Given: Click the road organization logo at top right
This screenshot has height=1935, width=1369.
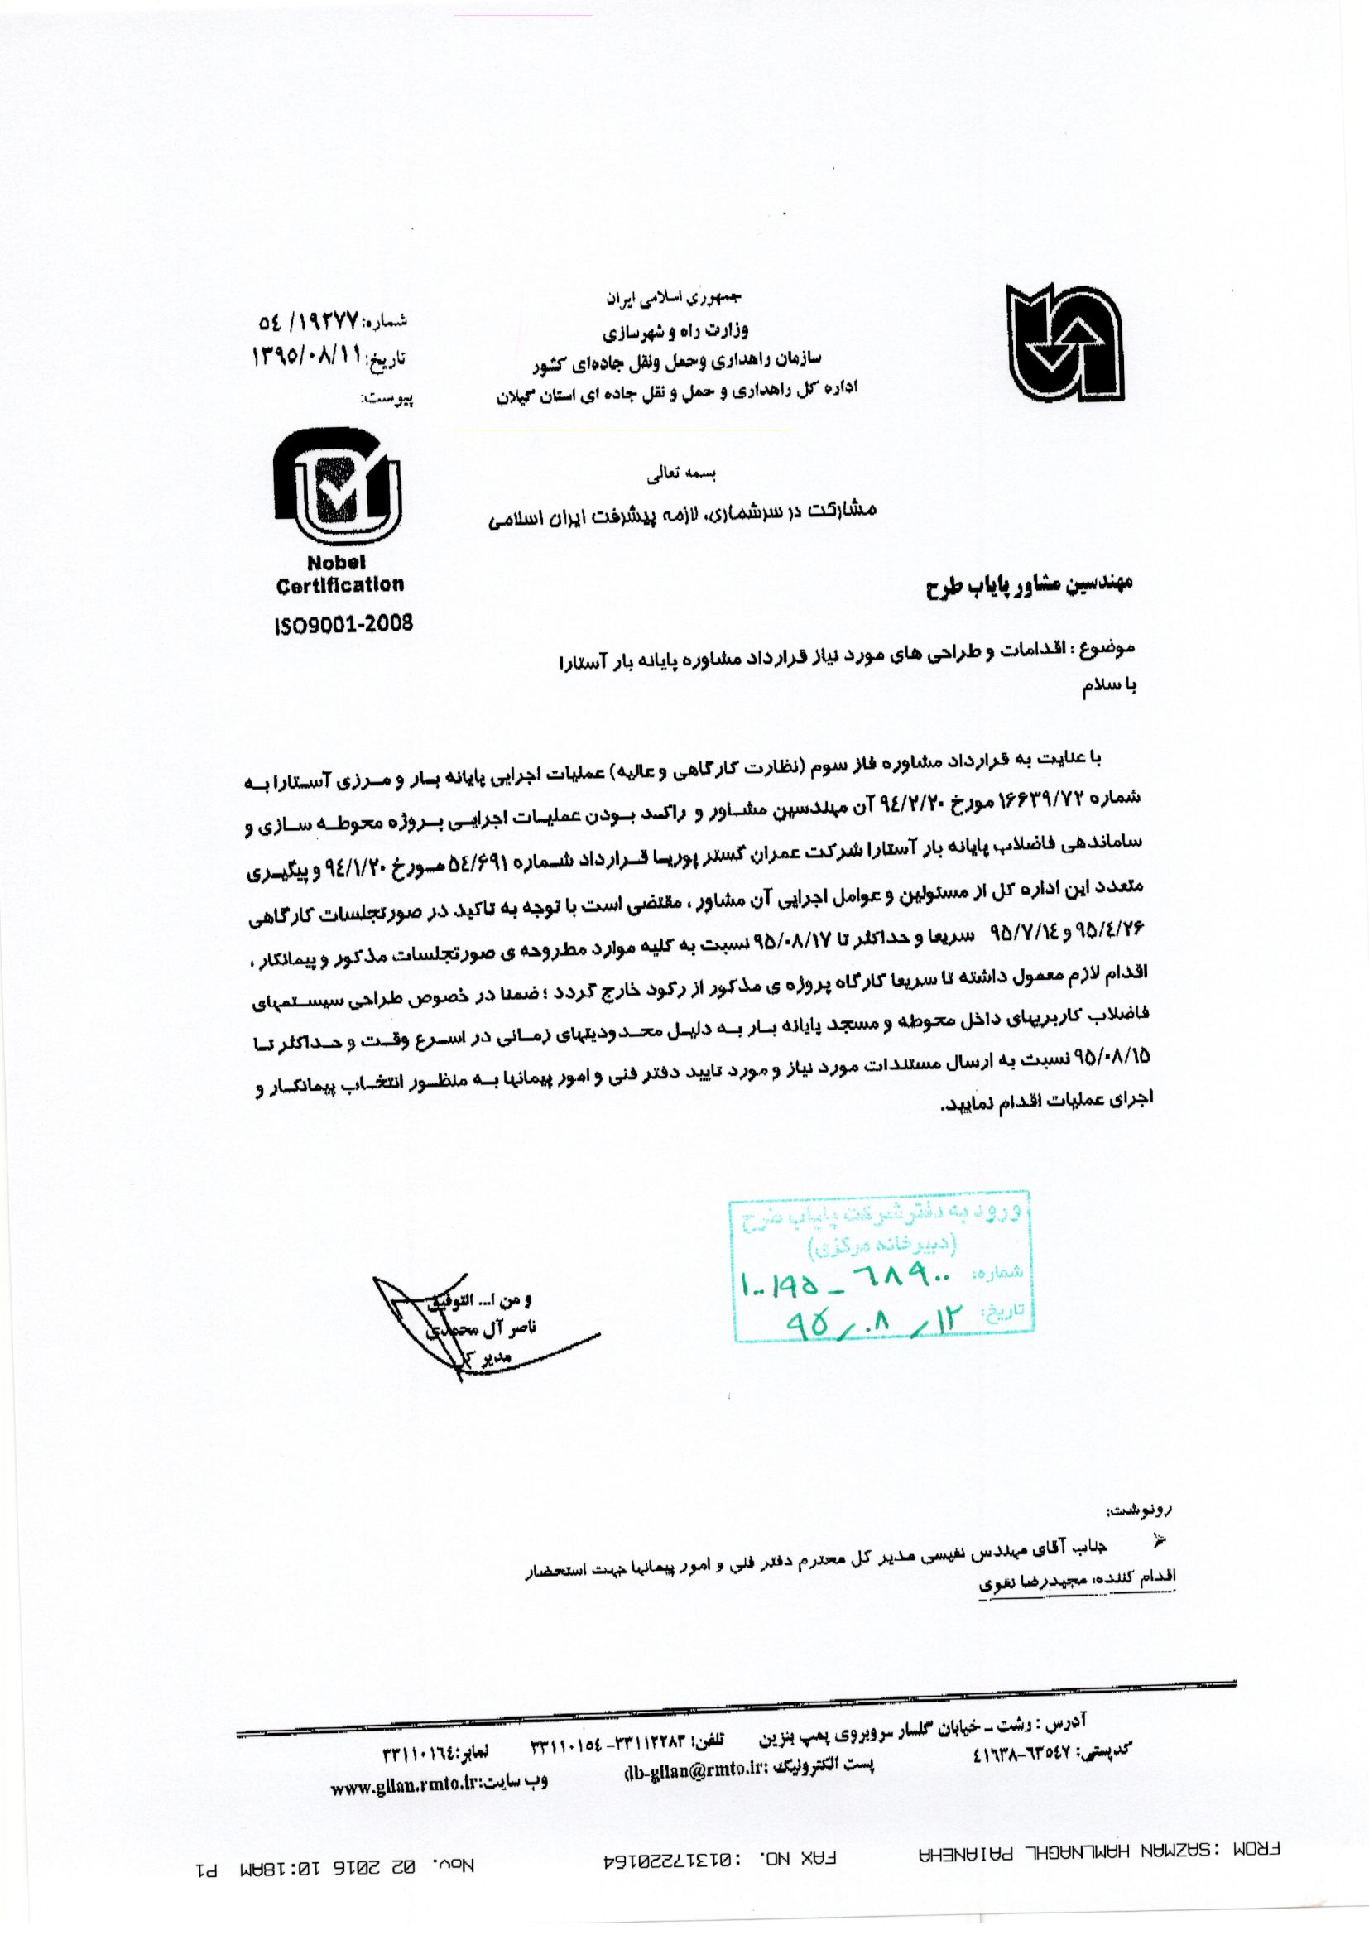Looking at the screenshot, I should click(x=1064, y=341).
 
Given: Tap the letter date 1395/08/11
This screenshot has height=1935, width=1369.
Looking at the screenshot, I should click(x=307, y=358).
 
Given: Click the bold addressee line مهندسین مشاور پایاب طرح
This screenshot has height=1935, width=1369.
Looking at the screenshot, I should click(x=1030, y=585).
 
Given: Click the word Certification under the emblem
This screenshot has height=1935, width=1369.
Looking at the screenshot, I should click(x=339, y=585).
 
